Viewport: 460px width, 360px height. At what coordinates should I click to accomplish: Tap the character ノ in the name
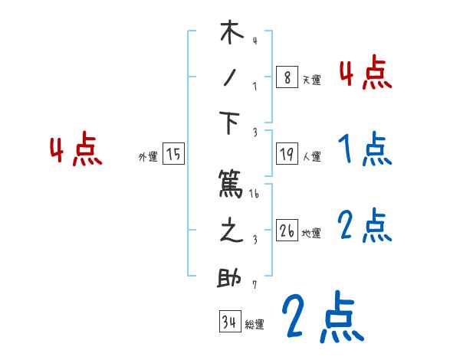point(231,77)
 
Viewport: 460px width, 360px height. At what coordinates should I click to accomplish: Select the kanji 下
point(231,123)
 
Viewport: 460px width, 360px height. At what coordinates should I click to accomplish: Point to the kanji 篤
point(231,184)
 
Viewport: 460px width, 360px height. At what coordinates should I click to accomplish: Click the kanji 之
point(231,231)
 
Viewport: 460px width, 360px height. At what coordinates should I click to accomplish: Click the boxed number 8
point(286,77)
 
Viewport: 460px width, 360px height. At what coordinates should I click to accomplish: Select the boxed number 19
point(286,155)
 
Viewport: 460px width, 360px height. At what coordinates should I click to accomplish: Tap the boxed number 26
point(287,231)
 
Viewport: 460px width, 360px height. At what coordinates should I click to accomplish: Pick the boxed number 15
point(173,155)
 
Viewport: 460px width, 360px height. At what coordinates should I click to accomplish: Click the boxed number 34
point(229,322)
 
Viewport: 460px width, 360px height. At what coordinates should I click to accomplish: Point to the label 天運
point(311,80)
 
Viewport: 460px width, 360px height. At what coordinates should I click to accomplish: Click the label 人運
point(311,157)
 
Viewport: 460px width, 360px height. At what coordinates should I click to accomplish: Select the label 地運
point(311,234)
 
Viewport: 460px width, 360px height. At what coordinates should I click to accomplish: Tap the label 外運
point(148,157)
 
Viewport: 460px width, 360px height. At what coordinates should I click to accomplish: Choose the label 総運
point(255,324)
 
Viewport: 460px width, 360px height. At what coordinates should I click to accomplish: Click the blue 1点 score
point(364,150)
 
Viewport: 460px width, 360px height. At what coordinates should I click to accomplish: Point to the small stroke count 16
point(255,195)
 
